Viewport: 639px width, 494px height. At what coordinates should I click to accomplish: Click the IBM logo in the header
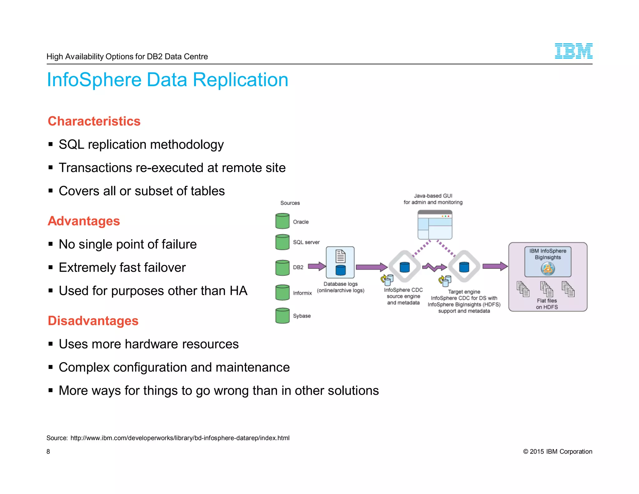coord(573,51)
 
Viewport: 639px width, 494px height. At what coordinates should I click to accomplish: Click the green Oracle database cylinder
coord(282,221)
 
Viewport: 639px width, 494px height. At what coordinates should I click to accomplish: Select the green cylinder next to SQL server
coord(282,242)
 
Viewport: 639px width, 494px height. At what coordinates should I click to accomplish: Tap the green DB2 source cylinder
coord(282,268)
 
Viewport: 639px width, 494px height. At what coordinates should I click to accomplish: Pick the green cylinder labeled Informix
coord(282,292)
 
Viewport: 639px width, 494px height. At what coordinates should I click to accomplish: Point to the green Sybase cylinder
coord(282,315)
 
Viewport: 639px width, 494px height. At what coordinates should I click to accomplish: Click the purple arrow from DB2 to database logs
coord(317,266)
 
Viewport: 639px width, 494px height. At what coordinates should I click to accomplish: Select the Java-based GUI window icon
coord(435,225)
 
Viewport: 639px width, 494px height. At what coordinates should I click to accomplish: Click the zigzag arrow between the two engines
coord(434,267)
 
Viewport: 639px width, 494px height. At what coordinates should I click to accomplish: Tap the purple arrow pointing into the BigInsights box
coord(495,266)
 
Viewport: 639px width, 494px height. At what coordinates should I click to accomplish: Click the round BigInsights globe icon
coord(548,269)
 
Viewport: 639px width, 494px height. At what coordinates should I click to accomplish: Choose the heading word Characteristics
coord(94,121)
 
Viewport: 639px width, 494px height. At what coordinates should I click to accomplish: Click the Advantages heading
coord(84,221)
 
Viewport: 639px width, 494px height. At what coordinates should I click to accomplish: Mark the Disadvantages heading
coord(93,321)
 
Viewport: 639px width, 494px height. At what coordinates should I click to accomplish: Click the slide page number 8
coord(48,452)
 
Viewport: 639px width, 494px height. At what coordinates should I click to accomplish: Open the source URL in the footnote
coord(180,438)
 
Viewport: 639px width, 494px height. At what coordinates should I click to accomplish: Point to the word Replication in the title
coord(240,80)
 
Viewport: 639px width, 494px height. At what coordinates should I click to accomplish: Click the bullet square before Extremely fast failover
coord(51,267)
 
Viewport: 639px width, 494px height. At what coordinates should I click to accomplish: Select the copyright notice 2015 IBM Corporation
coord(557,452)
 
